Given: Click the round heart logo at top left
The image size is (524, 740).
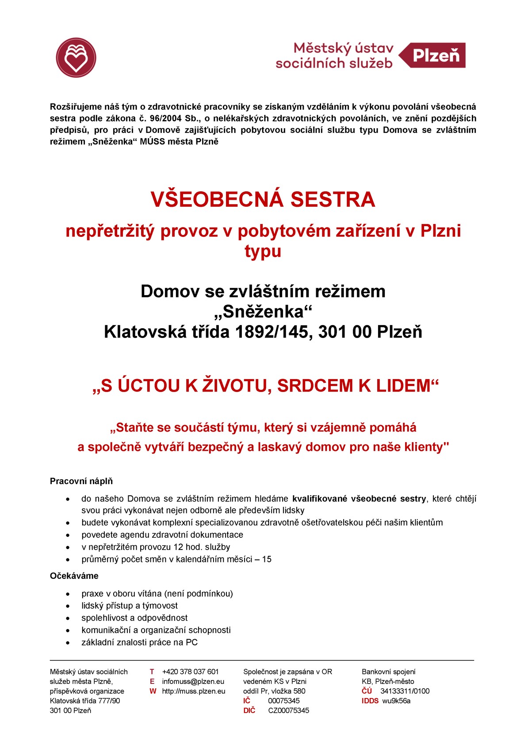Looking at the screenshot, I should click(x=76, y=57).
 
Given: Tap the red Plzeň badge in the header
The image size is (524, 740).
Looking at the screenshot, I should click(x=435, y=55).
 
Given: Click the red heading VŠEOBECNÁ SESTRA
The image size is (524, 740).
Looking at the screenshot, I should click(x=263, y=199).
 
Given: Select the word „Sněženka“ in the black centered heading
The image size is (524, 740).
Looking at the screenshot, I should click(x=263, y=311).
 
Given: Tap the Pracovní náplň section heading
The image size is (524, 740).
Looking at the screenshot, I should click(x=81, y=481).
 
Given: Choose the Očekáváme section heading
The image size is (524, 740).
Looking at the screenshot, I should click(x=74, y=576).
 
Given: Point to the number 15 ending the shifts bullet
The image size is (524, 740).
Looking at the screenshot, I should click(x=267, y=559).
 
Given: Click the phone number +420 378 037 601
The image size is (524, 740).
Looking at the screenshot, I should click(x=190, y=672).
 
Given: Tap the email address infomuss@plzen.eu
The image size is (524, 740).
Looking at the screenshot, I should click(x=193, y=681).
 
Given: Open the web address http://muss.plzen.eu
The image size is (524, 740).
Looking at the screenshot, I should click(x=194, y=691).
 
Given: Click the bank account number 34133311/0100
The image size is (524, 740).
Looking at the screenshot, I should click(x=405, y=691).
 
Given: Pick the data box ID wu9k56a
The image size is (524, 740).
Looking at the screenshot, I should click(x=396, y=701).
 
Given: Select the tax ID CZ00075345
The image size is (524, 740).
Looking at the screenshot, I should click(x=288, y=710).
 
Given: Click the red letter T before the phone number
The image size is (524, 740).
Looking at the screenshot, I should click(x=152, y=672).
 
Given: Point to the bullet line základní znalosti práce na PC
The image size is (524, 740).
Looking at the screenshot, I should click(x=139, y=642).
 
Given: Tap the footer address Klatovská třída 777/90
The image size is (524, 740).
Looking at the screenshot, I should click(x=85, y=701).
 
